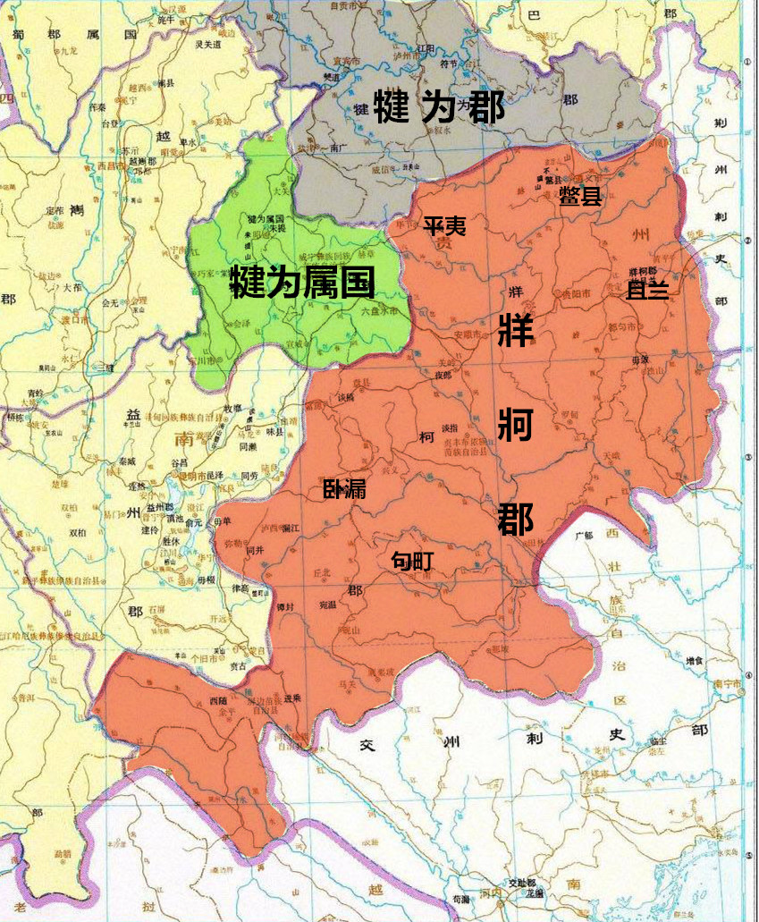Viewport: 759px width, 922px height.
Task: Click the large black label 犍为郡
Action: [x=439, y=107]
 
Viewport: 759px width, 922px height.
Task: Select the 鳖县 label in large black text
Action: [x=580, y=197]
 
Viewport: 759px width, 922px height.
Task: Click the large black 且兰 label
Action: [x=647, y=291]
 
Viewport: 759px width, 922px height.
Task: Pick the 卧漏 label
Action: [x=344, y=488]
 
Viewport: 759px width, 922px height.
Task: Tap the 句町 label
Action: [x=412, y=561]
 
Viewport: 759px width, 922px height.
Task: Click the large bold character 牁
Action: [x=516, y=424]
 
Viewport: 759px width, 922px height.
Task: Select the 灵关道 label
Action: [x=207, y=42]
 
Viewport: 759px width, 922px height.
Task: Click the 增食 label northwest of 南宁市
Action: [x=694, y=660]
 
